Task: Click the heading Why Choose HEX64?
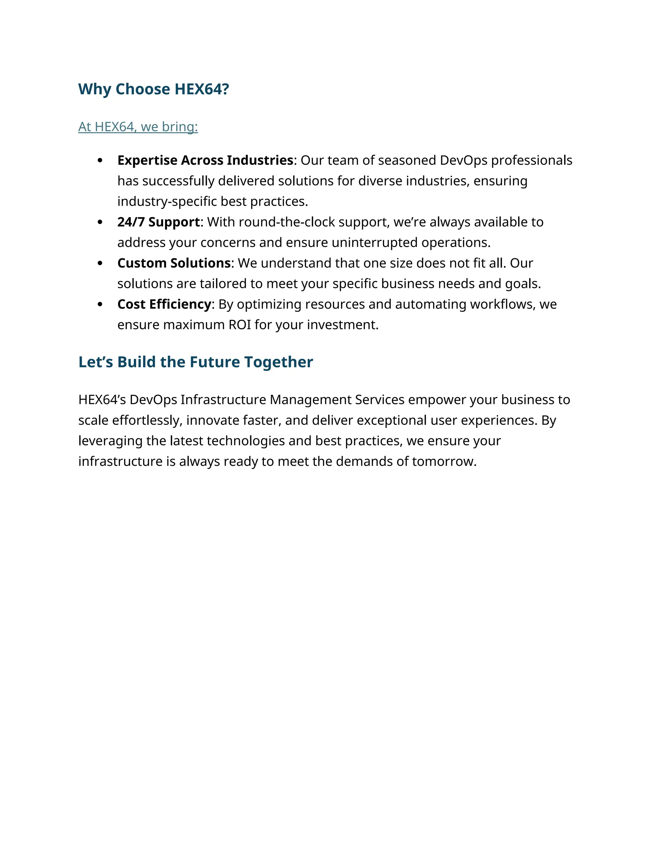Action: (153, 89)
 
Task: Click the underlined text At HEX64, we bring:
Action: (138, 127)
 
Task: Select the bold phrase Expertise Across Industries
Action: (205, 160)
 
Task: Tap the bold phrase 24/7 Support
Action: (159, 222)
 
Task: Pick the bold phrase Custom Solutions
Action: (173, 263)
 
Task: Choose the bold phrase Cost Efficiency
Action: (164, 304)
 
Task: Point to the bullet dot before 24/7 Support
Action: (100, 222)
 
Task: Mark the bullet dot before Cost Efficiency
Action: (100, 304)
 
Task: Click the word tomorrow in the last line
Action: (444, 461)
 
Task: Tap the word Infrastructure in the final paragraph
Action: (223, 400)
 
